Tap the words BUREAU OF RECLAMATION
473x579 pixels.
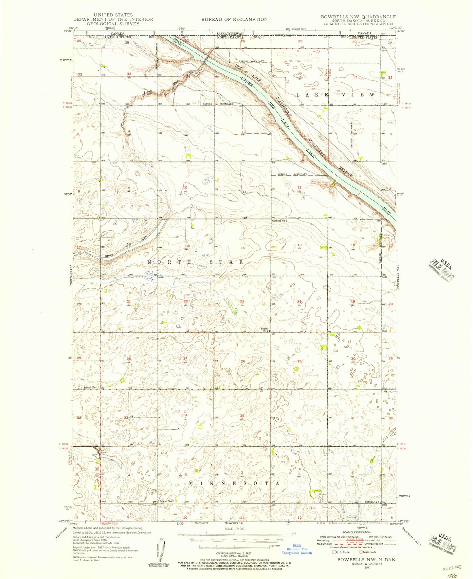tap(234, 19)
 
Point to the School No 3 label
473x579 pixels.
tap(280, 221)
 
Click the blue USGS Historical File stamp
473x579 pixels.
tap(298, 549)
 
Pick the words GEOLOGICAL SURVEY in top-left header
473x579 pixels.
tap(113, 24)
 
